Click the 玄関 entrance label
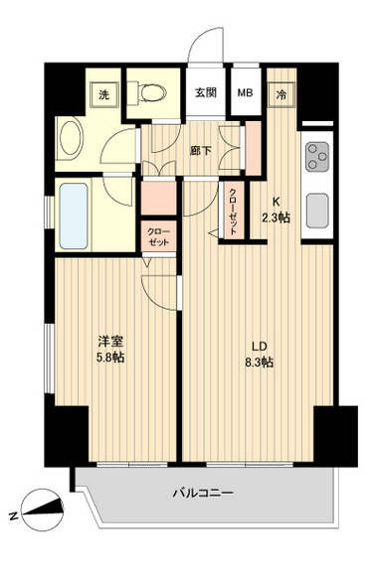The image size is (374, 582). coord(204,93)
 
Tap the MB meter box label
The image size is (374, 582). coord(244,93)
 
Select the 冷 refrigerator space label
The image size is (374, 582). coord(281,94)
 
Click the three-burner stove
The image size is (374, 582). coord(319,156)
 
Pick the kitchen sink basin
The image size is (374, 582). coord(318,210)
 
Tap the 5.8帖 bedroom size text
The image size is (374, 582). coord(109,357)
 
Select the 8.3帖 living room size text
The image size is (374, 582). coord(261,364)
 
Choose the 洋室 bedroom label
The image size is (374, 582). coord(109,341)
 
